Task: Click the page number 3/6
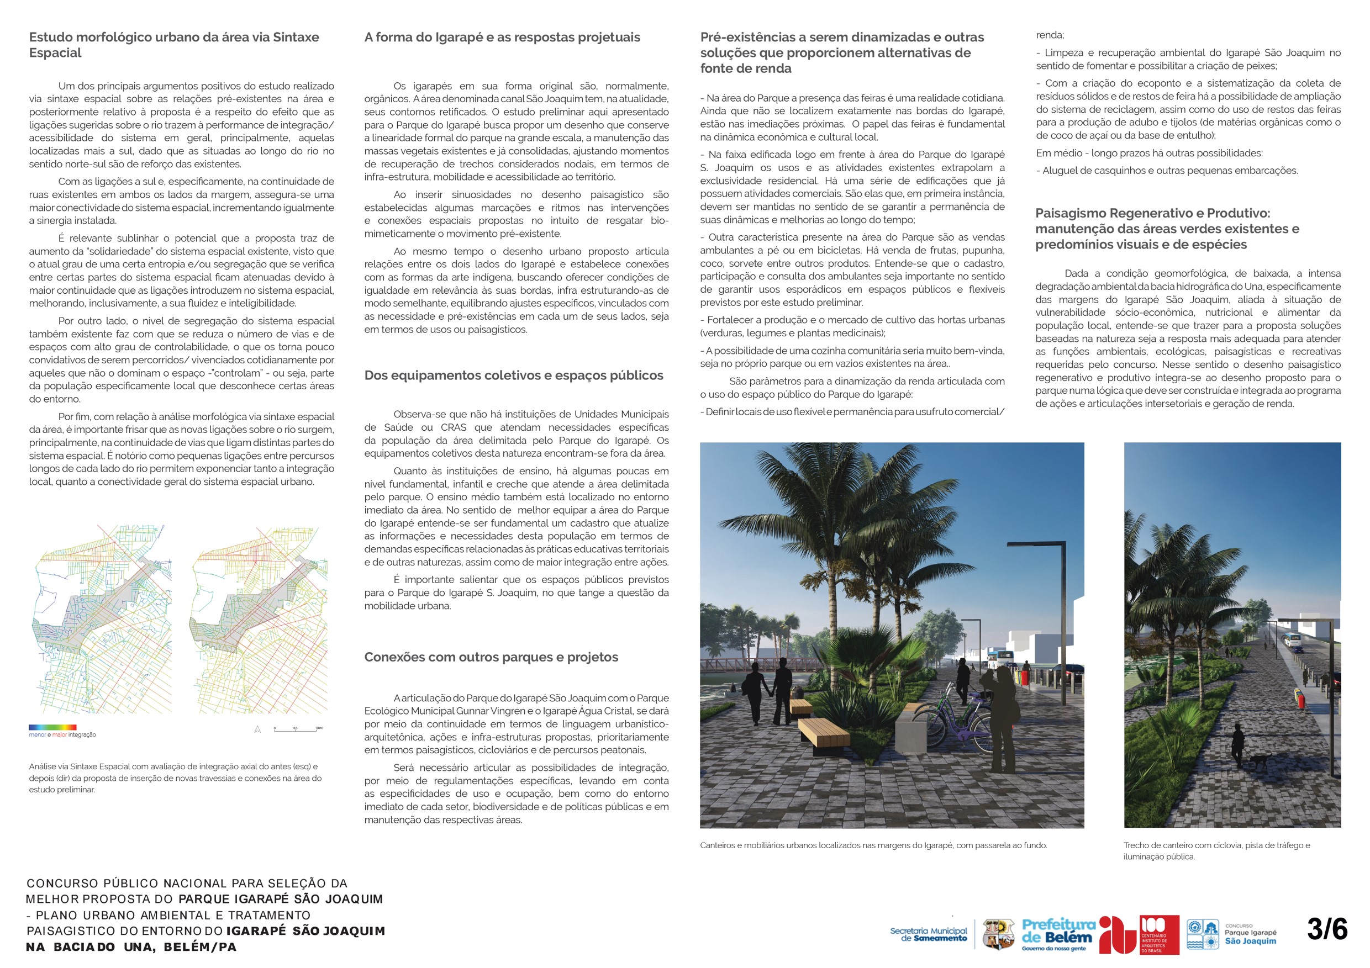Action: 1326,929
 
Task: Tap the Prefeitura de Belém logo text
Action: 1058,931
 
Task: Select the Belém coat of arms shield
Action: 998,933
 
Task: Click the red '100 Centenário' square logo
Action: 1159,934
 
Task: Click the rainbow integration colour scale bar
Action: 52,727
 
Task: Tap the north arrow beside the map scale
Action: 258,729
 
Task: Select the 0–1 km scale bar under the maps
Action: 298,729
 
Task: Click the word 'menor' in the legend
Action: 37,735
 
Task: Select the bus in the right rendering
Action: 1293,640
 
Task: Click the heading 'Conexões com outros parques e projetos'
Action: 491,657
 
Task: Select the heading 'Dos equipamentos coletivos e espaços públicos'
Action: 514,375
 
